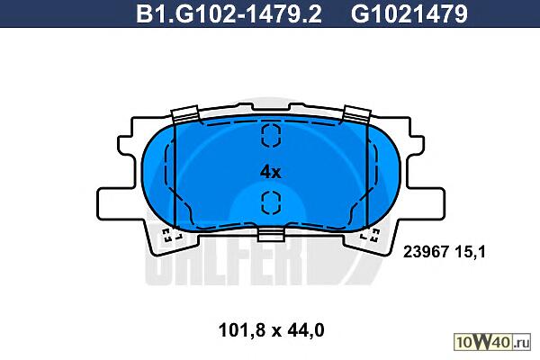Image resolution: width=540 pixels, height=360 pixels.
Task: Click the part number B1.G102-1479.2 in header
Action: (229, 13)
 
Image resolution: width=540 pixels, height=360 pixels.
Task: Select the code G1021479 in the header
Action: (409, 13)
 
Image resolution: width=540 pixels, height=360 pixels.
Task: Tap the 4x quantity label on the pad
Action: (270, 172)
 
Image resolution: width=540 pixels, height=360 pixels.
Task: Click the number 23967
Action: (426, 252)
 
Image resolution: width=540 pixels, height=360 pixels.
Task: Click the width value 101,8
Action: (242, 330)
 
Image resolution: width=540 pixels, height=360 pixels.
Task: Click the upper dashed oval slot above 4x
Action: (272, 135)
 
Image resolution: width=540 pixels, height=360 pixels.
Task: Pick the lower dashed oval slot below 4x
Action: (272, 202)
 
